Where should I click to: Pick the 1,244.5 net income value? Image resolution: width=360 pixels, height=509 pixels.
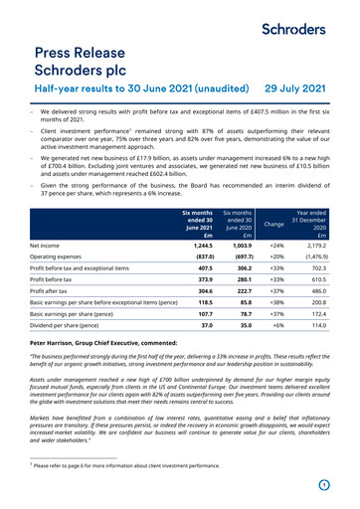[198, 244]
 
